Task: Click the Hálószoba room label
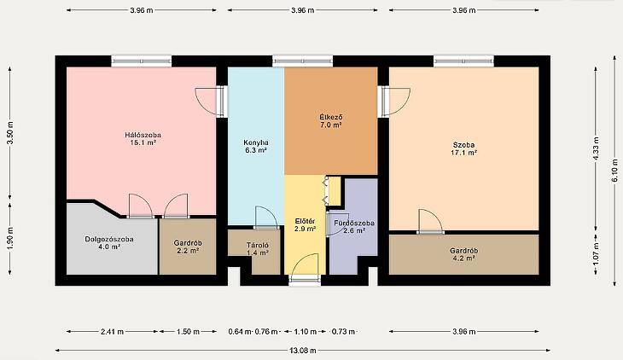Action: pos(143,139)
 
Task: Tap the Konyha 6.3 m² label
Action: pos(256,146)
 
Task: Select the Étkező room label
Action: pos(331,121)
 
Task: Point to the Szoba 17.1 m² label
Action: pos(463,148)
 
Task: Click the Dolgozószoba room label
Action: pos(109,243)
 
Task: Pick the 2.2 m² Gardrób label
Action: pos(188,247)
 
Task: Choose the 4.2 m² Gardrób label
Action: pos(464,254)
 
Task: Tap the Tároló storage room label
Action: pos(258,249)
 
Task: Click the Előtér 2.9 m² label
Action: pos(306,225)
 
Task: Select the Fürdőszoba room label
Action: pos(354,226)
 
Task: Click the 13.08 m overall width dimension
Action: pos(303,350)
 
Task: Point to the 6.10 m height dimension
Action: pos(614,171)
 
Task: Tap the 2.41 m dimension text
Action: pos(113,331)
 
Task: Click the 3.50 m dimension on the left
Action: pos(10,132)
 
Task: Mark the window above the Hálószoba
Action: pos(142,61)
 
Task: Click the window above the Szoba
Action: pos(463,61)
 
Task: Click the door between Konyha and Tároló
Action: pos(266,218)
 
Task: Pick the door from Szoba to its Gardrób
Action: pos(430,221)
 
